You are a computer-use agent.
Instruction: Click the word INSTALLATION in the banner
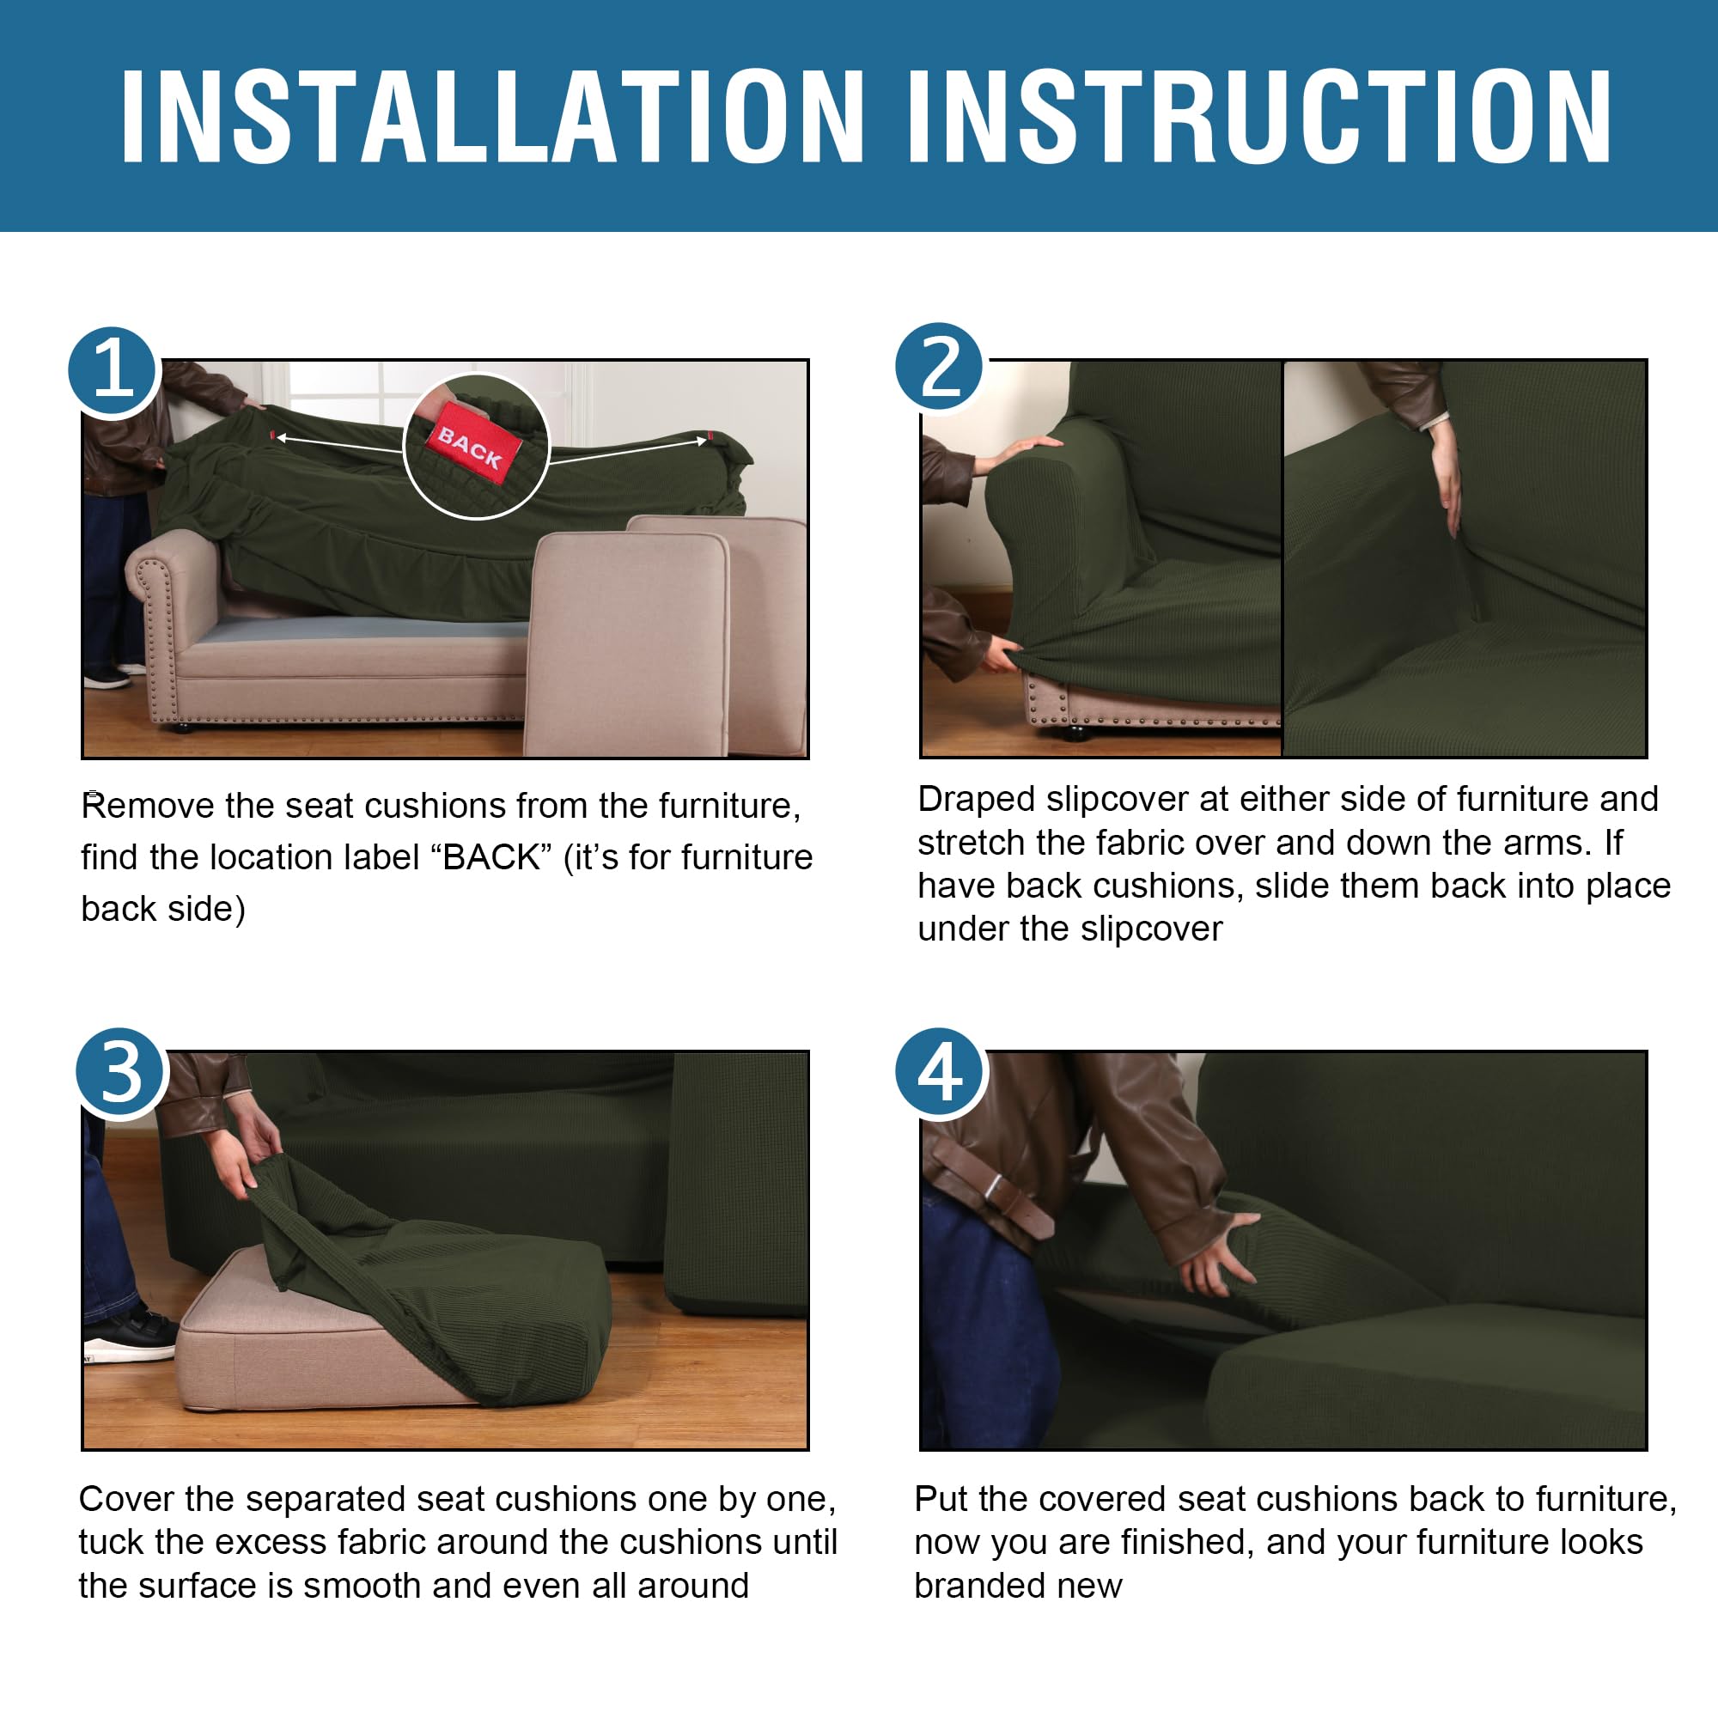pos(492,117)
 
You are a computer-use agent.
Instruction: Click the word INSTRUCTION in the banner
pos(1259,117)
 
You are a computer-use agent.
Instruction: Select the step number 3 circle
pos(121,1072)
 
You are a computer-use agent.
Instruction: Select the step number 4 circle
pos(940,1072)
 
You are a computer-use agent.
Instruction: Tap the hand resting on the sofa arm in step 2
pos(1022,450)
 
